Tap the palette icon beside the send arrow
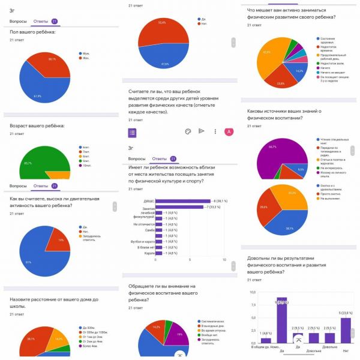pos(188,131)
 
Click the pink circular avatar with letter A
pos(228,131)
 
